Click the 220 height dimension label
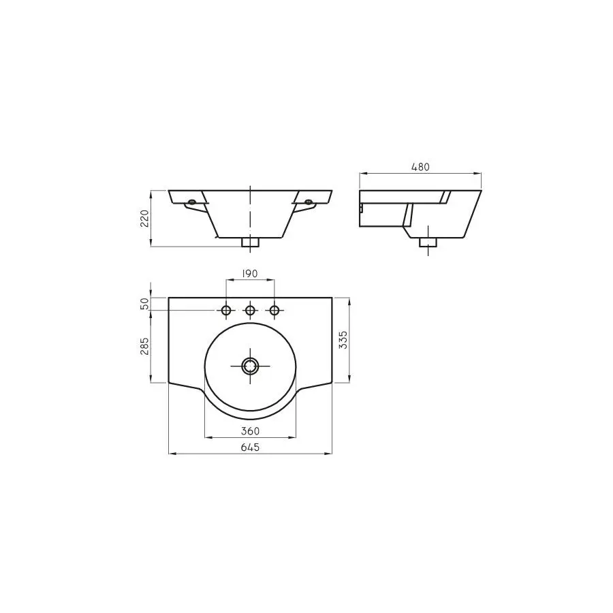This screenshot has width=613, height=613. click(x=144, y=218)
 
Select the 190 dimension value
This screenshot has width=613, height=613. click(x=250, y=273)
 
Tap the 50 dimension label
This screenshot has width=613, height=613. click(x=144, y=304)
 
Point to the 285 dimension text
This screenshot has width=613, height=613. click(x=144, y=347)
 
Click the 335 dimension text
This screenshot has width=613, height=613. click(x=343, y=340)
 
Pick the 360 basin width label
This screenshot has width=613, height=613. click(x=250, y=431)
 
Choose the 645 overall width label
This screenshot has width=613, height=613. click(x=250, y=447)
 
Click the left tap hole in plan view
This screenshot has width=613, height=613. click(x=225, y=311)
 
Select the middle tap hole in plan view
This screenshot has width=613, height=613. click(x=250, y=311)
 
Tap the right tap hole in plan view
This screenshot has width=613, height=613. click(x=274, y=311)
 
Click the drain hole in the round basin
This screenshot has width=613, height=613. click(x=250, y=366)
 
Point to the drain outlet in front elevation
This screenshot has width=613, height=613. click(x=250, y=242)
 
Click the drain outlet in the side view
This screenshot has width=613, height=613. click(x=428, y=242)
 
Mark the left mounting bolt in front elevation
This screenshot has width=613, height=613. click(x=192, y=202)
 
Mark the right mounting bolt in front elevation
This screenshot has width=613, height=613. click(x=309, y=202)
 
